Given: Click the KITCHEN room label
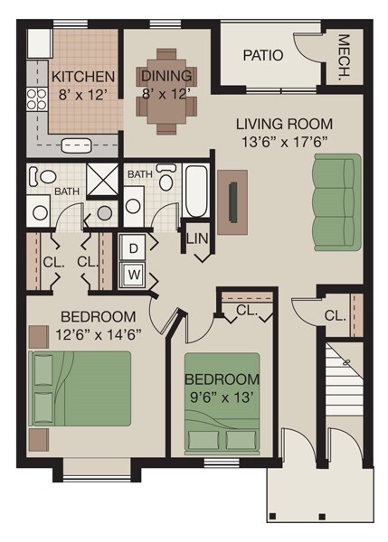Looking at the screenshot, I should [82, 76].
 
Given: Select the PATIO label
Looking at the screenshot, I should [263, 55].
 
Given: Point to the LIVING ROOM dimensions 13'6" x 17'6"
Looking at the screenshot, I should [284, 141].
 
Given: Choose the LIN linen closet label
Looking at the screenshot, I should [197, 239].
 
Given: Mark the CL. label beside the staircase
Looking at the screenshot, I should [335, 316].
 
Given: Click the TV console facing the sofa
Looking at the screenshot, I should [232, 201].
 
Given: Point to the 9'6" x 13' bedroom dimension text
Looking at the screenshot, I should [222, 396].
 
